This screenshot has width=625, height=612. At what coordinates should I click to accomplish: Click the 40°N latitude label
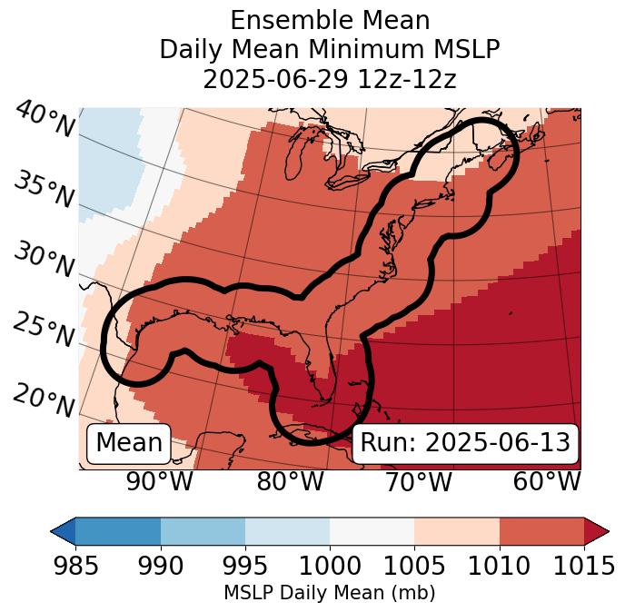pos(44,121)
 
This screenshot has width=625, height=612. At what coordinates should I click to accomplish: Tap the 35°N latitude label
pos(44,190)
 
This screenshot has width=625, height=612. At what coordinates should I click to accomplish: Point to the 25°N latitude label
pos(44,331)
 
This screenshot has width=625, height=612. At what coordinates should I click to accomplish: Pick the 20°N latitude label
pos(44,400)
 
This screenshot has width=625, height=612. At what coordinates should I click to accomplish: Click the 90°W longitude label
pos(160,481)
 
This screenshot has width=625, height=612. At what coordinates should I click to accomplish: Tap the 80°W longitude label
pos(290,481)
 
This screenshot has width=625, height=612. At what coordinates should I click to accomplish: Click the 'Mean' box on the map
pos(129,443)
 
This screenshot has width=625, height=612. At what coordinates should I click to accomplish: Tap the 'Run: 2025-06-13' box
pos(465,443)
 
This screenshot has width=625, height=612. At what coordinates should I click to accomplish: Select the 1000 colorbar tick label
pos(330,567)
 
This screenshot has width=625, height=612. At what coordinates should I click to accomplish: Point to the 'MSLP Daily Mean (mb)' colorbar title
pos(329,593)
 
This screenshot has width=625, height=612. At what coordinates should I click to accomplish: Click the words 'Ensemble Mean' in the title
pos(329,20)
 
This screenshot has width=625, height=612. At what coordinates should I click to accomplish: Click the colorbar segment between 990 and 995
pos(203,531)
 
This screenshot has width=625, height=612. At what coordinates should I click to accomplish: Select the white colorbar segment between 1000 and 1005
pos(372,531)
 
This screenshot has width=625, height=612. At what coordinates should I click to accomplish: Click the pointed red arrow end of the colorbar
pos(597,531)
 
